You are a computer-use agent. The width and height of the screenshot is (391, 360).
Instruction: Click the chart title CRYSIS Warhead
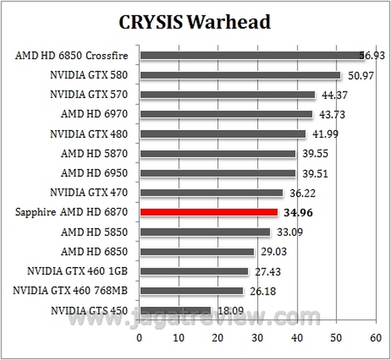pyautogui.click(x=194, y=22)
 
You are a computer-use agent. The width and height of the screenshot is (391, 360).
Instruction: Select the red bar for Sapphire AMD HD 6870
pyautogui.click(x=209, y=212)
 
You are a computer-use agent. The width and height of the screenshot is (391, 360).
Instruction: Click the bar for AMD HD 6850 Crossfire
pyautogui.click(x=252, y=55)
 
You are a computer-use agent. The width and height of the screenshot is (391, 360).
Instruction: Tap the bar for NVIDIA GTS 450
pyautogui.click(x=176, y=310)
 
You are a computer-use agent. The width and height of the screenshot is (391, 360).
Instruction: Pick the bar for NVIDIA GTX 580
pyautogui.click(x=240, y=75)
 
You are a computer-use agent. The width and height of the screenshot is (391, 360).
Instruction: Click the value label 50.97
pyautogui.click(x=360, y=75)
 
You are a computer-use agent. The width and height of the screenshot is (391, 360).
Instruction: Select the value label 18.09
pyautogui.click(x=231, y=310)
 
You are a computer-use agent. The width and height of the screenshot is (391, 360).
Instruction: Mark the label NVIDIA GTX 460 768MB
pyautogui.click(x=73, y=290)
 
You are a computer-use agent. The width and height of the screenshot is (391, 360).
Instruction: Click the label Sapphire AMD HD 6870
pyautogui.click(x=75, y=212)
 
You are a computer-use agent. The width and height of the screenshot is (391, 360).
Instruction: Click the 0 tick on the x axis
pyautogui.click(x=140, y=338)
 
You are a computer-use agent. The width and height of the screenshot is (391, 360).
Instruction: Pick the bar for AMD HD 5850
pyautogui.click(x=205, y=231)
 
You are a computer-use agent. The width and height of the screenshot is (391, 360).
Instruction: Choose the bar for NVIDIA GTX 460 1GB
pyautogui.click(x=194, y=271)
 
